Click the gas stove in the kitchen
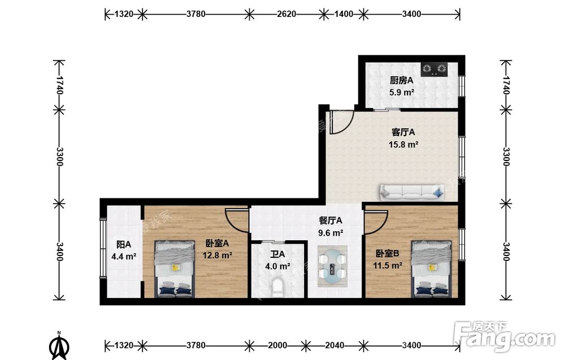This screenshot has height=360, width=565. click(x=434, y=69)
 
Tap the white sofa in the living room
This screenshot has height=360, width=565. click(x=411, y=192)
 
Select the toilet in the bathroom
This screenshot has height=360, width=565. click(x=277, y=288)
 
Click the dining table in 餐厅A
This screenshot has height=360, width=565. click(x=333, y=267)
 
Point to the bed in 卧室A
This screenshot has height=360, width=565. click(x=175, y=269)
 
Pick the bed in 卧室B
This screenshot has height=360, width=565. click(x=432, y=269)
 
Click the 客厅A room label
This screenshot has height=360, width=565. click(x=403, y=132)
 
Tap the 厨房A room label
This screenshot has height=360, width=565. click(x=401, y=80)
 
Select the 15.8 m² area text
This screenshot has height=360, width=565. click(x=403, y=145)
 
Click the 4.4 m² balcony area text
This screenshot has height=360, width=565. click(x=124, y=257)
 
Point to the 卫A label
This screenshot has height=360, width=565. click(x=277, y=254)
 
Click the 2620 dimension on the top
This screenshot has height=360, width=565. click(x=286, y=14)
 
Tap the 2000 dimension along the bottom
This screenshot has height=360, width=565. click(x=277, y=345)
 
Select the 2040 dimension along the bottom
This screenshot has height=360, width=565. click(x=334, y=345)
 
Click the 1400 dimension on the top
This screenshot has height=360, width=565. click(x=344, y=14)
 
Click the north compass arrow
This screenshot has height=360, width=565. click(x=59, y=345)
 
